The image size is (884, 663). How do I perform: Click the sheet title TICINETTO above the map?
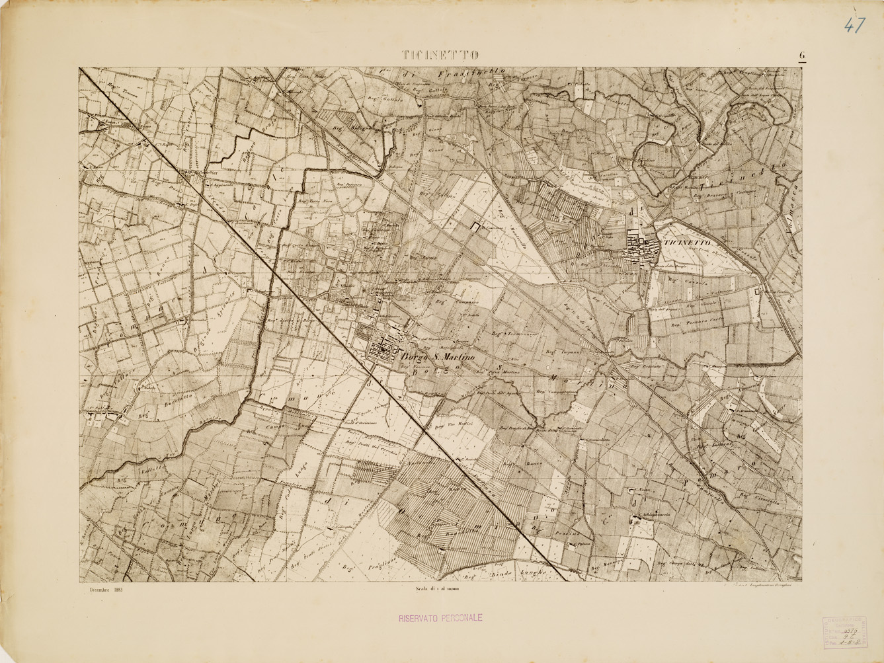click(x=440, y=55)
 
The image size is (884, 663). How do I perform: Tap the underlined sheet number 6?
click(x=801, y=56)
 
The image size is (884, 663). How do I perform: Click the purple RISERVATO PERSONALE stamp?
click(x=440, y=618)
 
